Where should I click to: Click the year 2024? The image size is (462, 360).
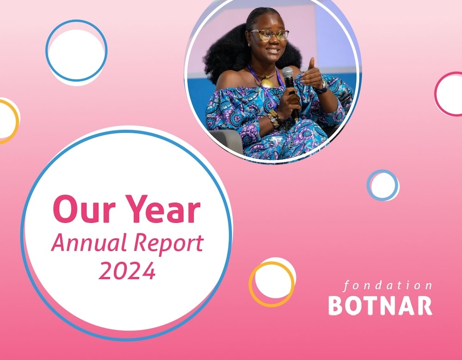(x=127, y=270)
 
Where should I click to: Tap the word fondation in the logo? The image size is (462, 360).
(x=388, y=286)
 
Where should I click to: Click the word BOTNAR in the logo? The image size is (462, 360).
(x=380, y=306)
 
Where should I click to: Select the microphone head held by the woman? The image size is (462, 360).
(x=287, y=73)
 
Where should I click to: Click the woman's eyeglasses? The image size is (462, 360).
(x=269, y=35)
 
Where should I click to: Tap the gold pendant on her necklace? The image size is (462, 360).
(x=267, y=83)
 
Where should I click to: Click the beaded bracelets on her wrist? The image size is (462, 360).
(x=274, y=118)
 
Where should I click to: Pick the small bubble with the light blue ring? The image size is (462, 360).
(x=383, y=185)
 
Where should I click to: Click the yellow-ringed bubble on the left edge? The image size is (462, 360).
(x=9, y=121)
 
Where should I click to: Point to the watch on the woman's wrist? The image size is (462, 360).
(x=323, y=87)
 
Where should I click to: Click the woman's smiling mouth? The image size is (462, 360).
(x=273, y=50)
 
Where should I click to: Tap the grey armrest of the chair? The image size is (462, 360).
(x=227, y=140)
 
